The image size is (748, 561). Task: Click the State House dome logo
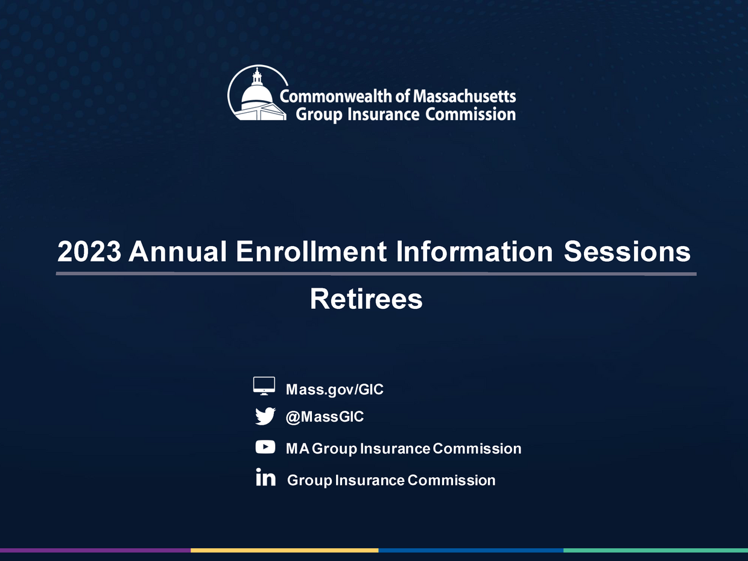coord(258,93)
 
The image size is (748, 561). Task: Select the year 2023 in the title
coord(89,252)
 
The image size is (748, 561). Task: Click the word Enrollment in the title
coord(311,252)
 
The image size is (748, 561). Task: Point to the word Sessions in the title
coord(627,252)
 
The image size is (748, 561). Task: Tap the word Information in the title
coord(474,252)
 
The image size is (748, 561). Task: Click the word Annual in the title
coord(177,252)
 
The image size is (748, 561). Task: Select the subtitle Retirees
coord(366,299)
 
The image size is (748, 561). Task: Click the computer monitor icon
coord(264,386)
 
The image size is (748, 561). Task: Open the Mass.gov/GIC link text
coord(335,389)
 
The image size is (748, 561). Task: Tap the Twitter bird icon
coord(265,416)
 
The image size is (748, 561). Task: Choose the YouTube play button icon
coord(265,447)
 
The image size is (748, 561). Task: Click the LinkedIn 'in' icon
coord(266,477)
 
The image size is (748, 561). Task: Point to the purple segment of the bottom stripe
coord(95,550)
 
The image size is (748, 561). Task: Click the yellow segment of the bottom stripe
coord(285,550)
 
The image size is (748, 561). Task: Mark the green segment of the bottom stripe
coord(656,550)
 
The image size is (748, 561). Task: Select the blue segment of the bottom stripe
coord(471,550)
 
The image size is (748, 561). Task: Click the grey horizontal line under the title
coord(376,273)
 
